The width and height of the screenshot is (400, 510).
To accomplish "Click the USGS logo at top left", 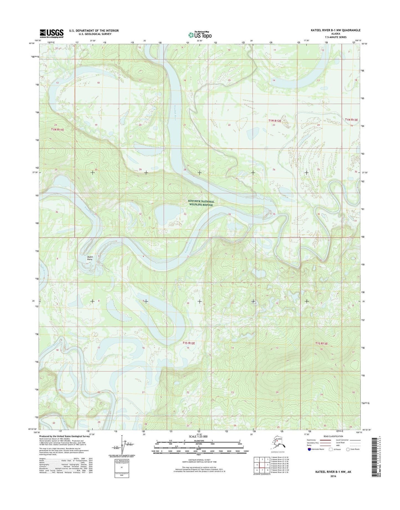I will pos(51,34).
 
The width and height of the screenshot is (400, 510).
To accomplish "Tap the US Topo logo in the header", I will pos(200,35).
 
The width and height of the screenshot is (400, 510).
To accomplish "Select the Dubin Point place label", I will pos(90,258).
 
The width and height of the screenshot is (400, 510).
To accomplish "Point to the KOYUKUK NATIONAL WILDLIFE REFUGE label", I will pos(201,203).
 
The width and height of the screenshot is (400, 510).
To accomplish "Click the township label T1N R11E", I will pos(58,130).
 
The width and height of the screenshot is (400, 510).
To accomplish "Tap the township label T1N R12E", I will pos(275,121).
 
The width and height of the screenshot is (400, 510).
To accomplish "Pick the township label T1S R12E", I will pos(189,343).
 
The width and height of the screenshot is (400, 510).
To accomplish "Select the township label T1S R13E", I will pos(321,344).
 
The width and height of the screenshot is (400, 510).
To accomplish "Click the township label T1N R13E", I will pos(351,120).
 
